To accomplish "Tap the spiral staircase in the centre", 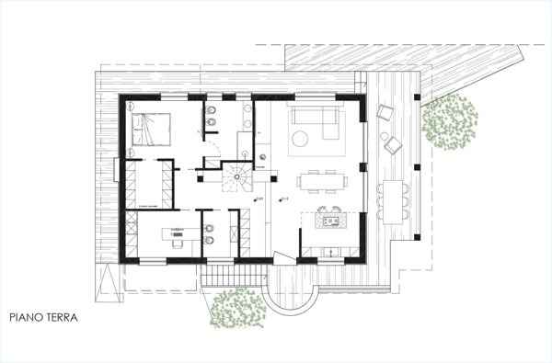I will click(x=236, y=177).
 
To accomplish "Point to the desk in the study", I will click(x=175, y=234).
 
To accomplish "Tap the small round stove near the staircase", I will click(x=262, y=167).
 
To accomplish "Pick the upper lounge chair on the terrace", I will click(x=385, y=114).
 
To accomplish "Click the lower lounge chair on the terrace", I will click(x=395, y=146).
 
